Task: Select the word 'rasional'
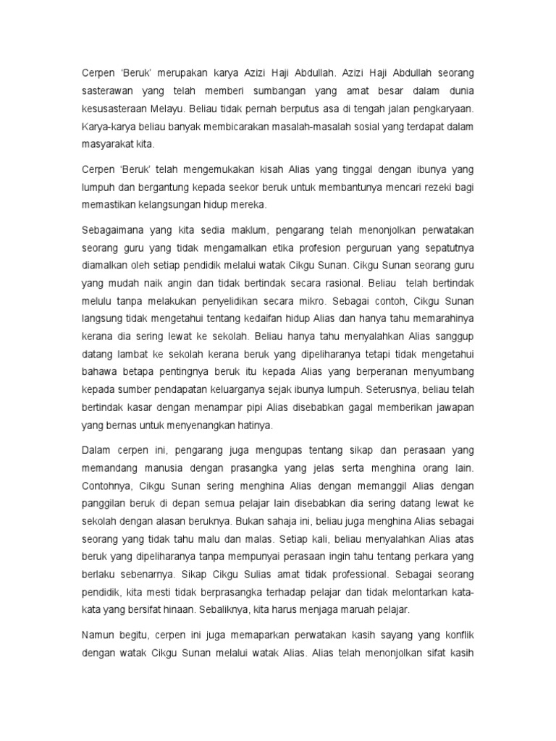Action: pyautogui.click(x=331, y=283)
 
